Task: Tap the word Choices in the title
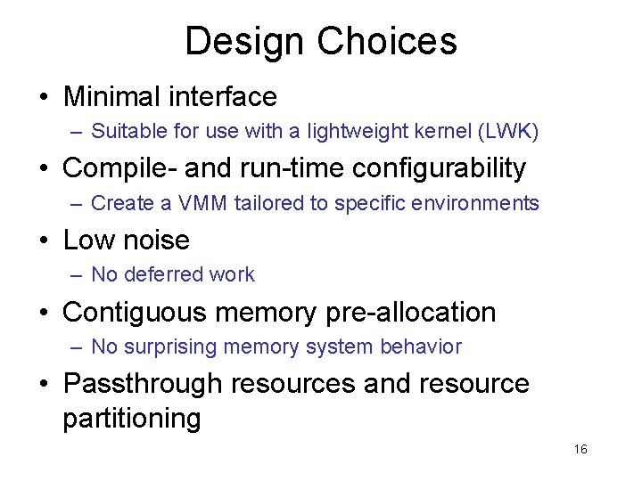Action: click(386, 42)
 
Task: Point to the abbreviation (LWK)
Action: click(507, 131)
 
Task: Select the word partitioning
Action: click(131, 419)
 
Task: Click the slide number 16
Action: click(580, 449)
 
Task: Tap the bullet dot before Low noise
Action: click(48, 240)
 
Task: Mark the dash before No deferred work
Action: click(78, 275)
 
